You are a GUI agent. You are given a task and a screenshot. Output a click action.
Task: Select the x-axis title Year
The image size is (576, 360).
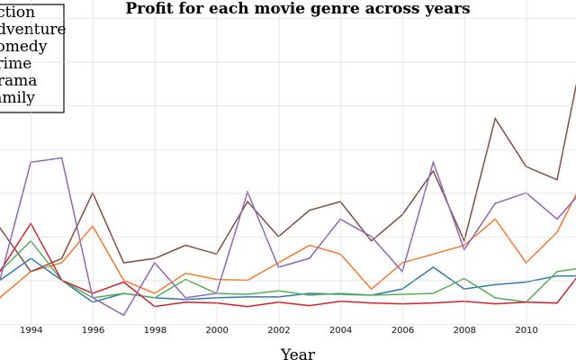click(x=297, y=355)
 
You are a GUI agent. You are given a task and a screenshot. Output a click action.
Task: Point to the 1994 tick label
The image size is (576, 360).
click(x=31, y=330)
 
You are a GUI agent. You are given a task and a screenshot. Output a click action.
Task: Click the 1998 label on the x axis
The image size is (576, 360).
click(x=155, y=330)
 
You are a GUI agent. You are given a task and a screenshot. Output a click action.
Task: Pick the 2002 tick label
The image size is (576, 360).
click(x=279, y=330)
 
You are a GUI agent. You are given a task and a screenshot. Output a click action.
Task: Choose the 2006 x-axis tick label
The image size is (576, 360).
click(x=402, y=330)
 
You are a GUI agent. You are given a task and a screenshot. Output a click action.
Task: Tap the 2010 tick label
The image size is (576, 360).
click(x=526, y=330)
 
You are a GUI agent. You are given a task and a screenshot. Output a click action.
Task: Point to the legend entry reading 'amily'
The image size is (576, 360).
click(x=17, y=98)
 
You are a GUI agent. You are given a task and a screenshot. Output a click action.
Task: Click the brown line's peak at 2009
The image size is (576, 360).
click(x=495, y=118)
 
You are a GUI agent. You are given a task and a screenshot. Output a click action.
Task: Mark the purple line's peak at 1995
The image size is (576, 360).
click(x=61, y=158)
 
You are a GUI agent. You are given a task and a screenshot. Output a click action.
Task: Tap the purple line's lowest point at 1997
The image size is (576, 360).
click(x=123, y=315)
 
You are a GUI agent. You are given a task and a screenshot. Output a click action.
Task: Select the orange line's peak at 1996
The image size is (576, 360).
click(x=93, y=226)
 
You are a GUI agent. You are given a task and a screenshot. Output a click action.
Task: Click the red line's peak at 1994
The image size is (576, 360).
click(x=31, y=223)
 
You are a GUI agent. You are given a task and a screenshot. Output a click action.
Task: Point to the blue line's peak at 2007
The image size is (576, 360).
click(x=433, y=266)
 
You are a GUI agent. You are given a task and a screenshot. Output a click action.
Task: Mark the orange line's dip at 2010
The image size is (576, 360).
click(x=526, y=263)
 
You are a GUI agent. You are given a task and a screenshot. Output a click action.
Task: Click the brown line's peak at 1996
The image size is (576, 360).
click(x=93, y=193)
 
